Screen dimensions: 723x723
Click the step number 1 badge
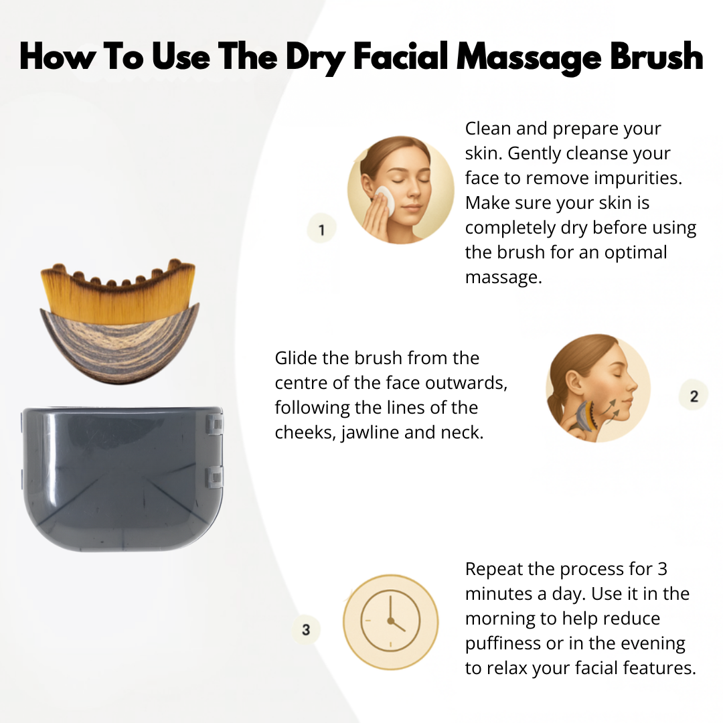coord(322,230)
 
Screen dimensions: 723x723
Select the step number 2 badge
coord(694,396)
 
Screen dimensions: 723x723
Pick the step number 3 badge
coord(307,630)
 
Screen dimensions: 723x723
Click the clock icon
coord(391,621)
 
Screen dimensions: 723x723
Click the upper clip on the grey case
coord(214,424)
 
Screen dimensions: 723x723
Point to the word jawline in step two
coord(371,432)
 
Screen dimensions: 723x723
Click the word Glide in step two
coord(296,358)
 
